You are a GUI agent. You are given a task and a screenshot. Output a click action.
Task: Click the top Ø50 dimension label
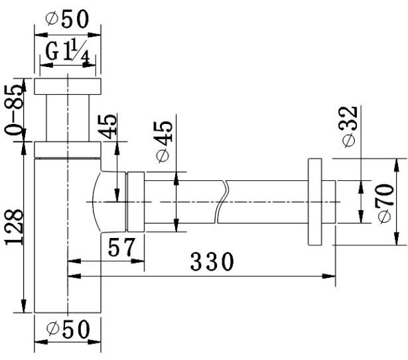[67, 19]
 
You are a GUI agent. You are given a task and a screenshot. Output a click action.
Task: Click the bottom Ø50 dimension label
[68, 330]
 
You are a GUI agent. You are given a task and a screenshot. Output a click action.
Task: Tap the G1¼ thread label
[68, 52]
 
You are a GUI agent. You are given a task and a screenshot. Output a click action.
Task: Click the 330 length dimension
[212, 261]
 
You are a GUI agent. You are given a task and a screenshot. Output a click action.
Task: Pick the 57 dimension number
[122, 247]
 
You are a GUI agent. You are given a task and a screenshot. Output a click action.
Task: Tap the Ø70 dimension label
[385, 204]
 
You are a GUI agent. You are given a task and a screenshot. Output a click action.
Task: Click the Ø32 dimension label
[349, 127]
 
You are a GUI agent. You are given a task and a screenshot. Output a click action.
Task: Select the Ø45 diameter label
[165, 141]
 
